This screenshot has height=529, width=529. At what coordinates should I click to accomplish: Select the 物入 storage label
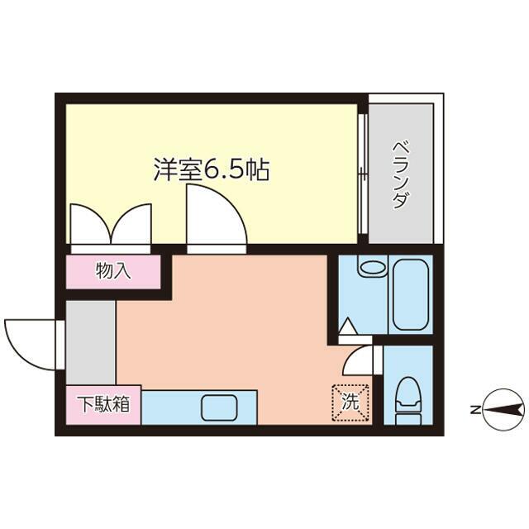click(x=113, y=270)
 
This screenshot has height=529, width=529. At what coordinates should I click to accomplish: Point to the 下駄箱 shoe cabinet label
click(x=104, y=405)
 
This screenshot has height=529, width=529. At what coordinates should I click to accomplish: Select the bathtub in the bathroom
click(x=407, y=293)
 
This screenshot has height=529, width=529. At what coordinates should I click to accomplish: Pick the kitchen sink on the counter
click(x=219, y=407)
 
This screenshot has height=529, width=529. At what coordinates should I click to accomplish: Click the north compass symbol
click(x=503, y=408)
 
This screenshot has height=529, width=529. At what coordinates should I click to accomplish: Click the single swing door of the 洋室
click(x=214, y=215)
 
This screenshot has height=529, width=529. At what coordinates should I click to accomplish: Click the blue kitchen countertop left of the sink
click(x=169, y=407)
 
